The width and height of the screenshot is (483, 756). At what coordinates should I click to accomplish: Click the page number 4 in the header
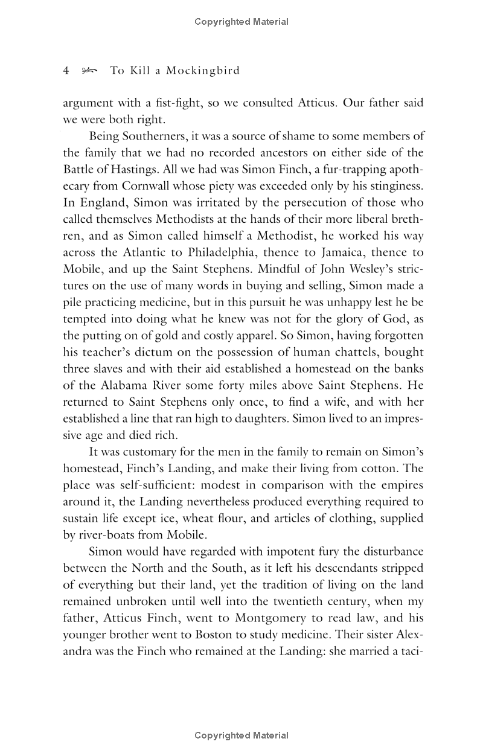66,71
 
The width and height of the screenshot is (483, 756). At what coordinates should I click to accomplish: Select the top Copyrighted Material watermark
241,22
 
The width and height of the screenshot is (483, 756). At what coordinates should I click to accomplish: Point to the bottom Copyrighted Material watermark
241,735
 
